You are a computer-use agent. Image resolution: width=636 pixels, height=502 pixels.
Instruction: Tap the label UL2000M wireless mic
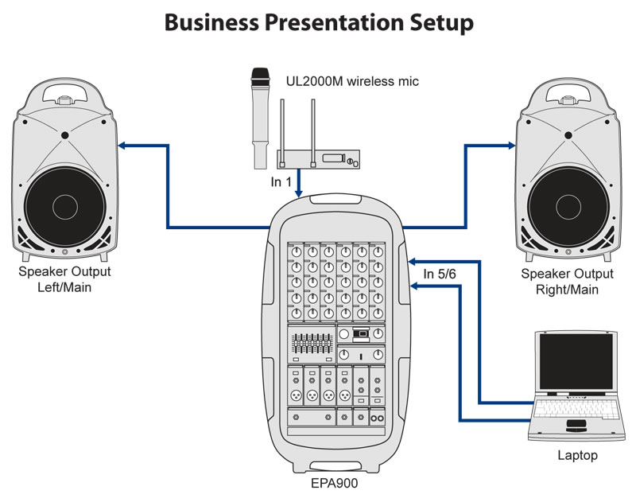(x=352, y=81)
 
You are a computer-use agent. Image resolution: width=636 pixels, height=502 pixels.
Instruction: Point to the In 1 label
(x=282, y=182)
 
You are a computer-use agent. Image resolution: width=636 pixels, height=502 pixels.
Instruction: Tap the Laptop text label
(x=577, y=456)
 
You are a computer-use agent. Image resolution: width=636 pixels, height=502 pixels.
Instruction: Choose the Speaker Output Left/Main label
(x=64, y=280)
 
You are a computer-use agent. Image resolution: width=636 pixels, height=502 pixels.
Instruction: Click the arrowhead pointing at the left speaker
(x=123, y=146)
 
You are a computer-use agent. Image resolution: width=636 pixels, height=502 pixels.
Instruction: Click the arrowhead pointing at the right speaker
(x=510, y=146)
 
